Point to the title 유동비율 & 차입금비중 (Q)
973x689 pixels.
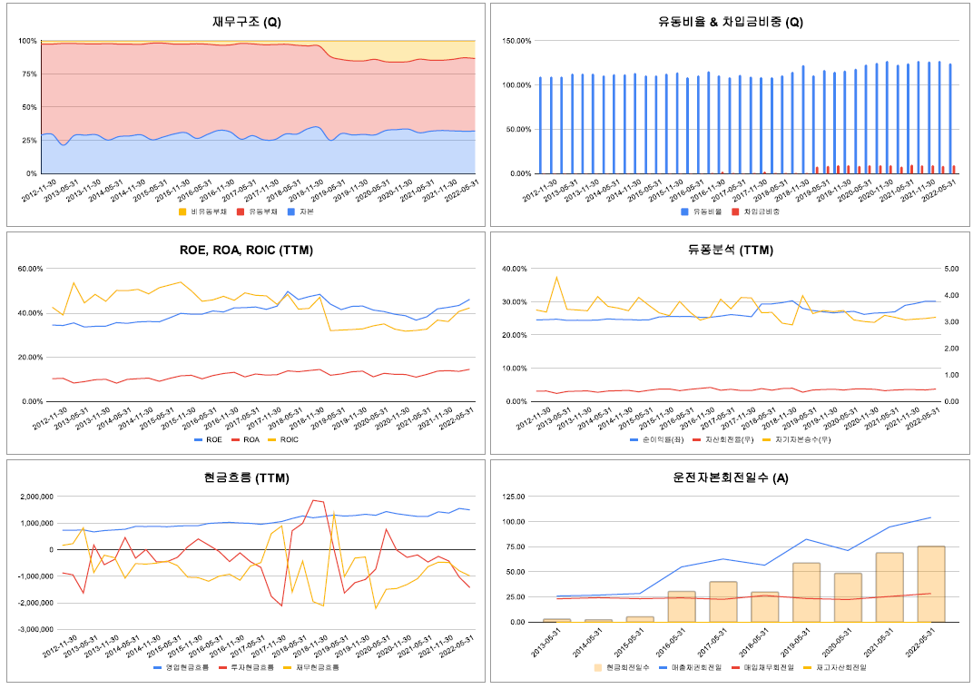(731, 23)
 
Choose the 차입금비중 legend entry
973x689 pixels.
(762, 212)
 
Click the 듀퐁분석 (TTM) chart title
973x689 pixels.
(731, 251)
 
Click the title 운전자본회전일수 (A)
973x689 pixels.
(731, 477)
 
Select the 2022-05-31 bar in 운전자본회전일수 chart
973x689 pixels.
(931, 584)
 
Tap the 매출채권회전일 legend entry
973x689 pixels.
(694, 667)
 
